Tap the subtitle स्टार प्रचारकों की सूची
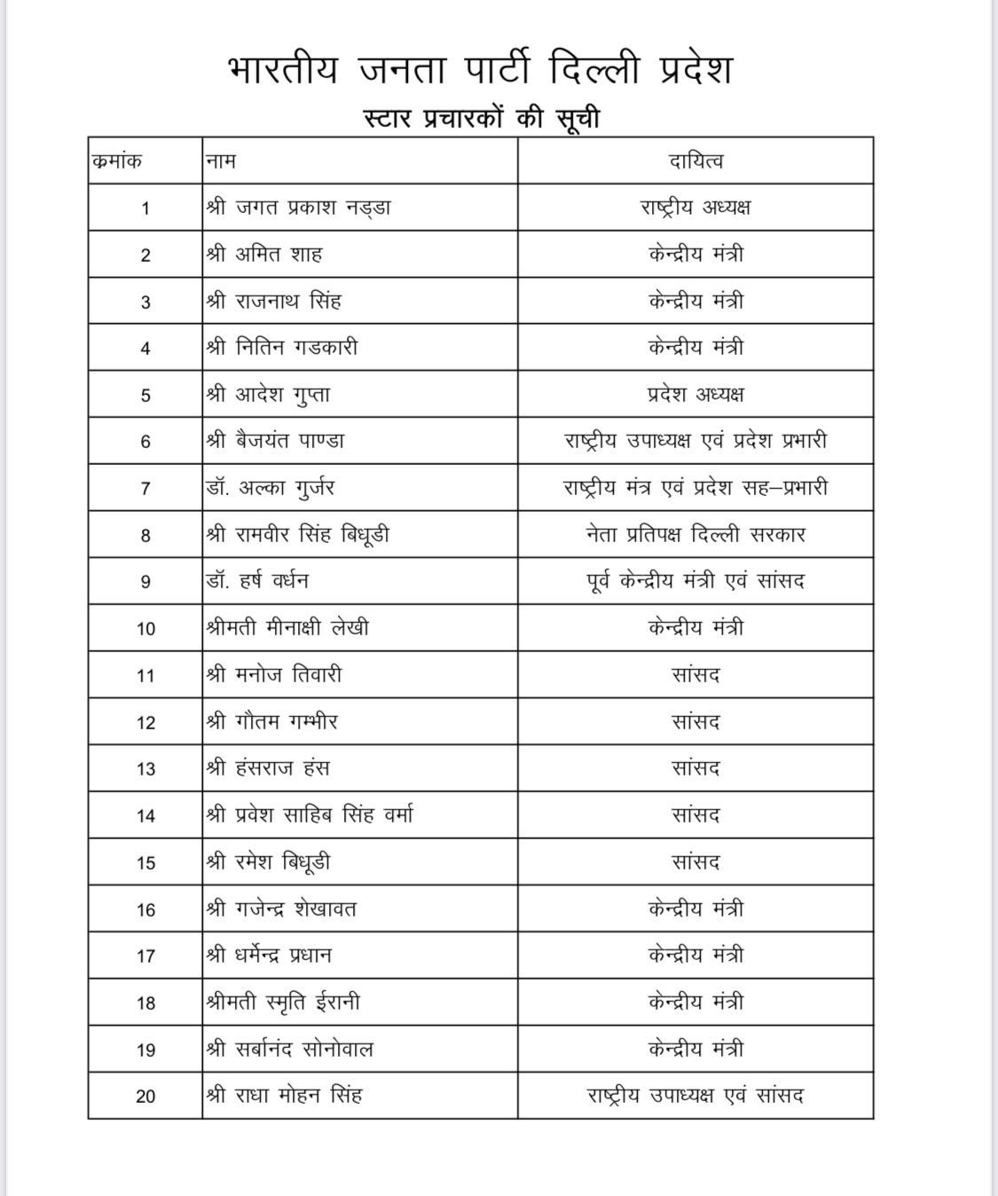point(482,117)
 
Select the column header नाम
point(221,161)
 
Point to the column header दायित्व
point(695,161)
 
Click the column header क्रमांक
point(117,161)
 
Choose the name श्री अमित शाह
point(264,255)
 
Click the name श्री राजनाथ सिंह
point(273,302)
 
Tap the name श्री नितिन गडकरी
point(282,348)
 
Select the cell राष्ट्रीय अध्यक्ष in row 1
point(695,208)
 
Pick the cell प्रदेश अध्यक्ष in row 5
point(695,395)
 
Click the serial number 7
point(145,489)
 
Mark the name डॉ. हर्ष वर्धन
point(257,582)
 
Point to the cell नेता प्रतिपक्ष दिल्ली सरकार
point(695,535)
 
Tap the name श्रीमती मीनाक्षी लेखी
point(287,628)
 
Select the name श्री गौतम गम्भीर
point(271,722)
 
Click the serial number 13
point(145,769)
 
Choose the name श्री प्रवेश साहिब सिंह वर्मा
point(309,815)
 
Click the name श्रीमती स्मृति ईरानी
point(283,1003)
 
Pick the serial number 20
point(145,1097)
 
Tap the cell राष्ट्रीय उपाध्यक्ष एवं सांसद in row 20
point(695,1096)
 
